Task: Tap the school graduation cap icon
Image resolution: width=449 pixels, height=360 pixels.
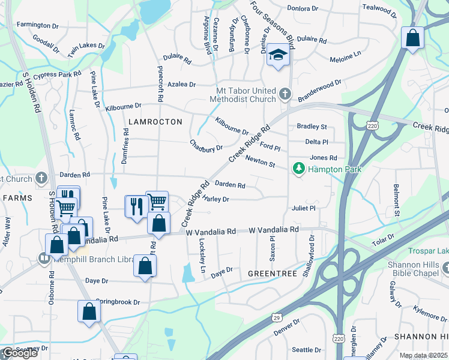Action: pos(278,55)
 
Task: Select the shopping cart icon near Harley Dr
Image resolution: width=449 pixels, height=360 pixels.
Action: pos(157,201)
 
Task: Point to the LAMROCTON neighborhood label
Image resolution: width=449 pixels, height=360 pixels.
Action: pos(155,122)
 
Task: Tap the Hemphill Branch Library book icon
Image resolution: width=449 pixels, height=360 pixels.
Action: pos(43,259)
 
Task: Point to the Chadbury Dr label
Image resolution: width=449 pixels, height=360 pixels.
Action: pos(206,145)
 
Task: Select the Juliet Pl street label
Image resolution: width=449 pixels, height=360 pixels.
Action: pos(304,209)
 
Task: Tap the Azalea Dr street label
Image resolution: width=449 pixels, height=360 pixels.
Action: pos(181,85)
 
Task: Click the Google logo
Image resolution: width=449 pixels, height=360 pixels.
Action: pos(20,353)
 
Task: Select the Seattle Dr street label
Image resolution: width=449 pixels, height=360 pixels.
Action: pos(306,350)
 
